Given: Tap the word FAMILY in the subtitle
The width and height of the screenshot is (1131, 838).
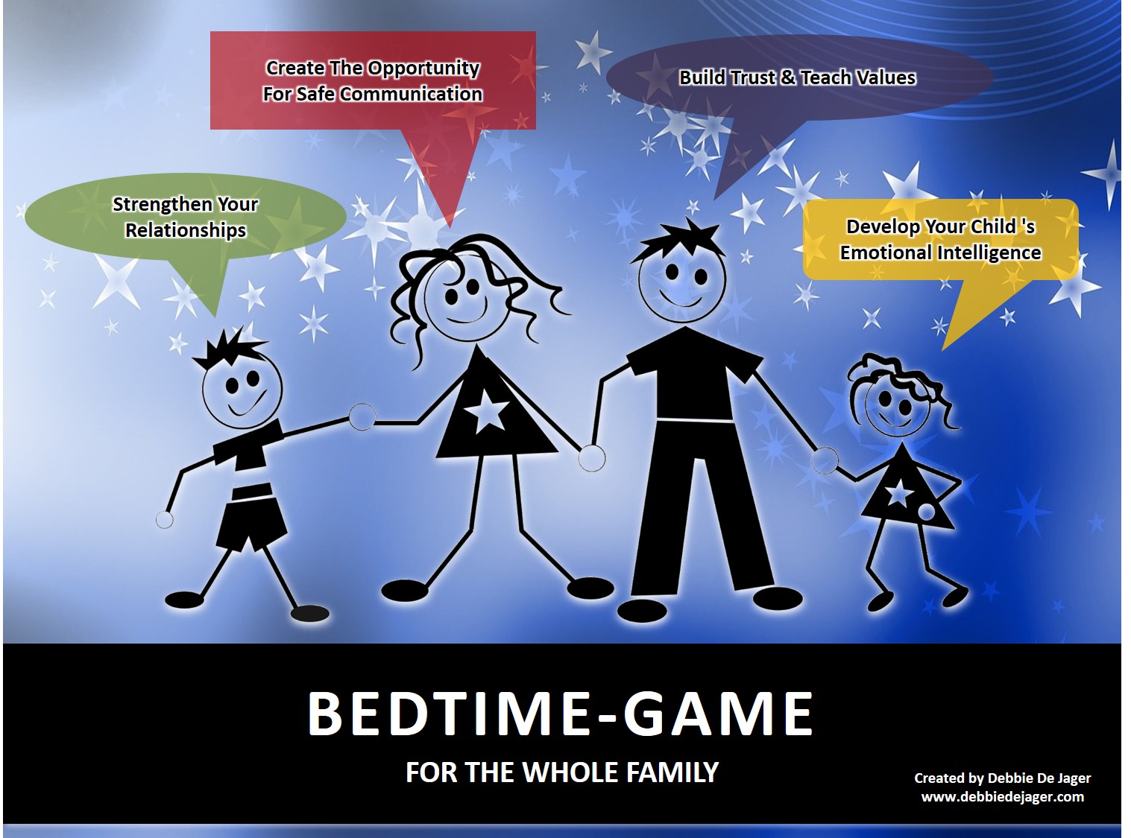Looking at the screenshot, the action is point(672,772).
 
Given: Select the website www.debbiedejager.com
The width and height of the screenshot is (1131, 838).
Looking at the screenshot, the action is point(1003,797).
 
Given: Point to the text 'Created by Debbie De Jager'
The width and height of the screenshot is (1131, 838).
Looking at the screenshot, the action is point(1003,778).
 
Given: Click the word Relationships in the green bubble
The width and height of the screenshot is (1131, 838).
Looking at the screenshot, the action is point(186,230).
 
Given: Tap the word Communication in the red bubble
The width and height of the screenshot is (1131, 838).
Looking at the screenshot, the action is point(411,94).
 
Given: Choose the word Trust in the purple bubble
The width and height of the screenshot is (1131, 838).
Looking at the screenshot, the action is point(753,77).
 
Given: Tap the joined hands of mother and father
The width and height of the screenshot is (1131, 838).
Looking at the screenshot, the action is point(591,458).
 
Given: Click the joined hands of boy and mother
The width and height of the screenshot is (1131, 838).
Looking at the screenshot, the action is point(362,416).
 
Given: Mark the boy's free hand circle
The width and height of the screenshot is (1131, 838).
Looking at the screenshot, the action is point(164,520).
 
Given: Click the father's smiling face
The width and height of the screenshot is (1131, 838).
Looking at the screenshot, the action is point(682,285).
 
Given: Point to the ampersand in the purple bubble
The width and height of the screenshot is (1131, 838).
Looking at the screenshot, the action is point(788,77).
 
